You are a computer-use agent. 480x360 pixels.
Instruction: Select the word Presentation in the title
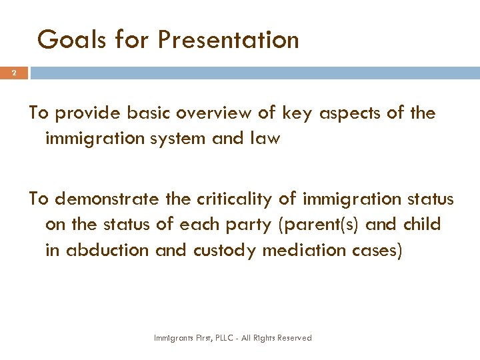coord(228,40)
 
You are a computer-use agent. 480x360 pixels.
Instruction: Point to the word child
coord(421,225)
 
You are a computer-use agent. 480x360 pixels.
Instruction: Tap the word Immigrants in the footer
coord(173,339)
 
